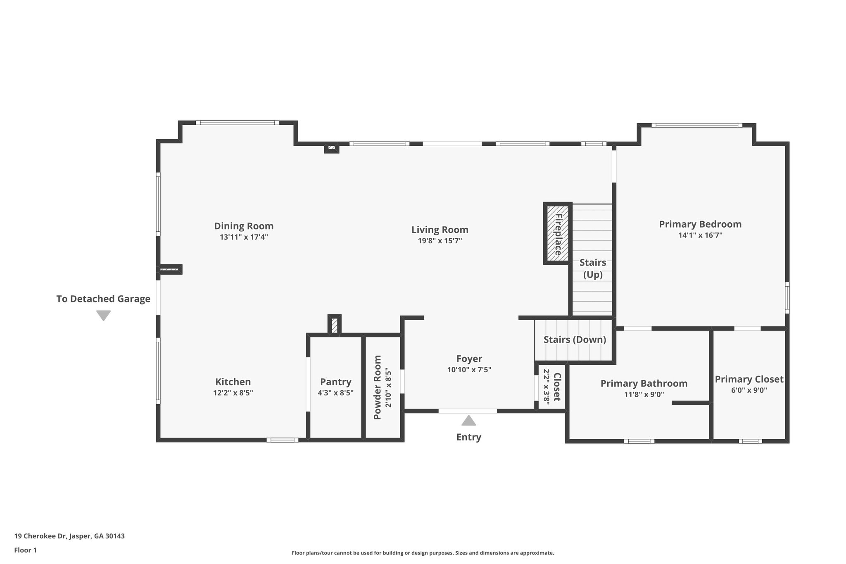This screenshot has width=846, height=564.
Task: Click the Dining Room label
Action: (x=243, y=226)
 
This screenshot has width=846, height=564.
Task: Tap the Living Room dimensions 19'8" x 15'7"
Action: (x=440, y=241)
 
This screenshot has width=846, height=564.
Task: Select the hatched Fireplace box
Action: (x=557, y=233)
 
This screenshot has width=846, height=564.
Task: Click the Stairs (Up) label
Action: (x=592, y=269)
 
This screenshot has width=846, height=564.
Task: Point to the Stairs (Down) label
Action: (x=575, y=340)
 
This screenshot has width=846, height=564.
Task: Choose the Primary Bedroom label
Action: (x=700, y=224)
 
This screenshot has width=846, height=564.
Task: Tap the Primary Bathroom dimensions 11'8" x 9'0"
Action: (x=644, y=395)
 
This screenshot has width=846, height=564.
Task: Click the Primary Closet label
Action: (x=749, y=379)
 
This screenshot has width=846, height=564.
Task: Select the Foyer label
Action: (x=469, y=359)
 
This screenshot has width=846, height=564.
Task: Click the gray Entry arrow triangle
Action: (x=468, y=421)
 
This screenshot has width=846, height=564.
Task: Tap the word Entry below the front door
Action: (x=468, y=437)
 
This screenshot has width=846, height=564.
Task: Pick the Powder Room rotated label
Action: (x=377, y=387)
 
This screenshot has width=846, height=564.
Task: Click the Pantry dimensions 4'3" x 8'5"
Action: (x=335, y=393)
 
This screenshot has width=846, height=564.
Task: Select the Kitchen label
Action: (x=233, y=382)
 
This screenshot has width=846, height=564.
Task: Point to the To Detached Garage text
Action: (x=103, y=299)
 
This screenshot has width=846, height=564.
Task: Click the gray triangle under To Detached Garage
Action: (x=103, y=315)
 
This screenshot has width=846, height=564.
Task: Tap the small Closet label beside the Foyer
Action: (x=556, y=387)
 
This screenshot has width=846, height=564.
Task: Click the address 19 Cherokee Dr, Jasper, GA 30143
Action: (x=69, y=536)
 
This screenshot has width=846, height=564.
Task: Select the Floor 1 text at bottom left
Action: (x=26, y=550)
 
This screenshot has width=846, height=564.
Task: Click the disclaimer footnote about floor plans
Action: (x=423, y=553)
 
